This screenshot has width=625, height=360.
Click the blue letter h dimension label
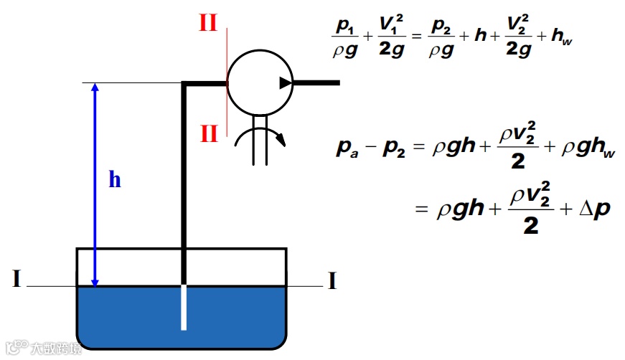click(115, 180)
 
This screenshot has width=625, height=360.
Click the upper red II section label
click(208, 24)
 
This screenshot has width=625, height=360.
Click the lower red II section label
click(208, 133)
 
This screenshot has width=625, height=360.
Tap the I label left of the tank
click(16, 278)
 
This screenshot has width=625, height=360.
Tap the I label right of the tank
click(332, 281)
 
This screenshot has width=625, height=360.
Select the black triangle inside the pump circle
click(286, 83)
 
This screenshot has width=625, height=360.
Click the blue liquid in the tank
click(129, 316)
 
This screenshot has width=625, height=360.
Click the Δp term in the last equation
click(593, 209)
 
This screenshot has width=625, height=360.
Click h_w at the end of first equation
click(560, 37)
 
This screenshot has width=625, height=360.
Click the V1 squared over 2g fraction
click(391, 37)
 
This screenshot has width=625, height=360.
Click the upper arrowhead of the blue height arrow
click(94, 87)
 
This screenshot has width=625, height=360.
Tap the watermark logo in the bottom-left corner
click(13, 347)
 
